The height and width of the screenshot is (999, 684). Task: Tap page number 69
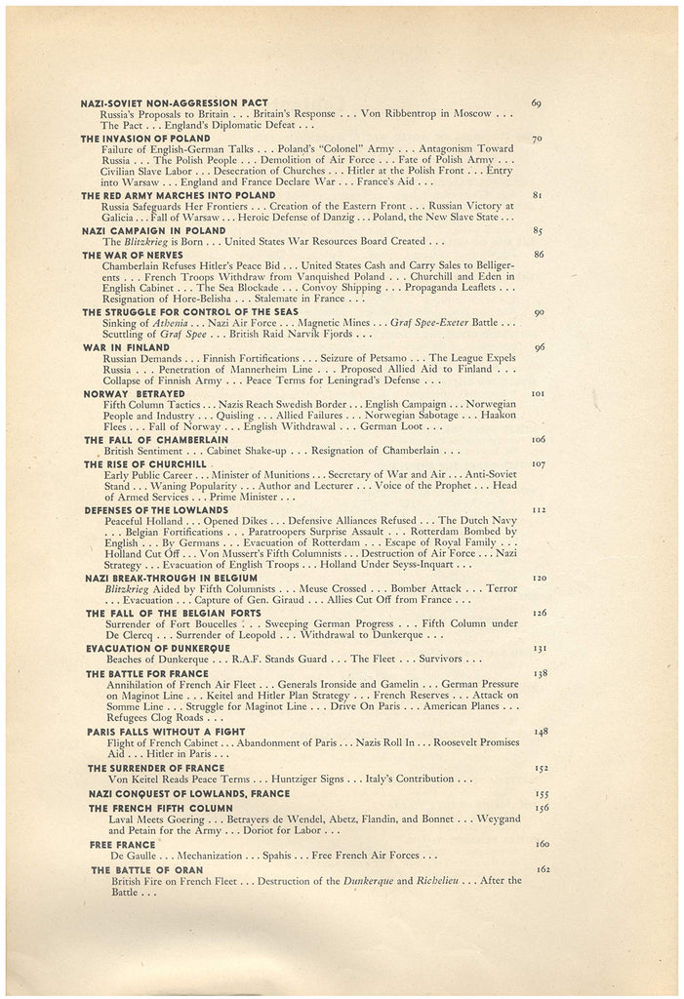pyautogui.click(x=536, y=102)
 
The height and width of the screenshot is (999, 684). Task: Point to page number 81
pyautogui.click(x=536, y=195)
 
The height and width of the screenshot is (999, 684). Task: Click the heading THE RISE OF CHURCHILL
pyautogui.click(x=144, y=464)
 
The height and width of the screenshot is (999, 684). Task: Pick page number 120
pyautogui.click(x=538, y=578)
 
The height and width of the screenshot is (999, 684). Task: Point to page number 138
pyautogui.click(x=539, y=673)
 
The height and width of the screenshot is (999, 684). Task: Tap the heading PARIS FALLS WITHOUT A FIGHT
pyautogui.click(x=165, y=731)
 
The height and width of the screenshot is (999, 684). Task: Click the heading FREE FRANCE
pyautogui.click(x=122, y=844)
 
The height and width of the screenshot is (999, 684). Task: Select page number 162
pyautogui.click(x=542, y=868)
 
